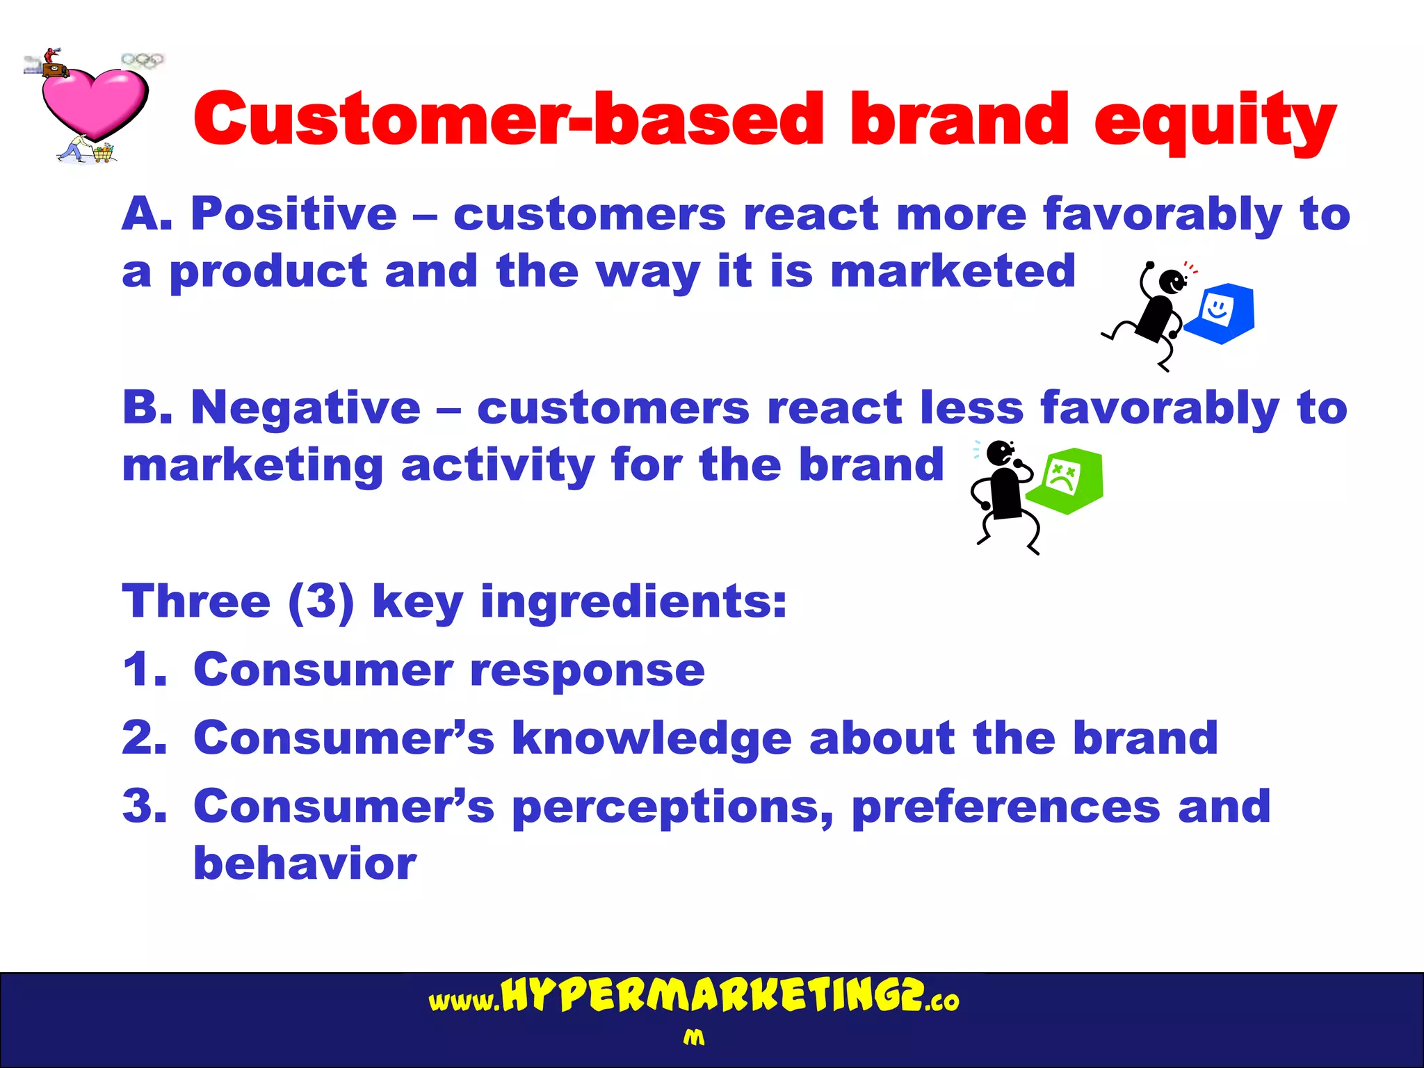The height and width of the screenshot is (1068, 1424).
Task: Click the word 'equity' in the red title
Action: pyautogui.click(x=1214, y=122)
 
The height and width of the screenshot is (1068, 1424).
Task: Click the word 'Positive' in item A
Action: pyautogui.click(x=293, y=214)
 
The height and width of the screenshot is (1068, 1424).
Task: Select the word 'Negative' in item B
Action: pyautogui.click(x=306, y=407)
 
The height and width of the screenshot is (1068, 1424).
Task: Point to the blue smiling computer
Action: pyautogui.click(x=1221, y=313)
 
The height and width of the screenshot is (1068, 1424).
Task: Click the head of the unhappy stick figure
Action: pyautogui.click(x=1000, y=453)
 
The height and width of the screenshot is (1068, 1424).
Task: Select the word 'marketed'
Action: pyautogui.click(x=953, y=271)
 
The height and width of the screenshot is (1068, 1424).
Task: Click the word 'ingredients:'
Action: pyautogui.click(x=633, y=601)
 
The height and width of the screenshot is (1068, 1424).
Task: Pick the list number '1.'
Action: pyautogui.click(x=145, y=670)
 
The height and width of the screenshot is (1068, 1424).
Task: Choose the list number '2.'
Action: pyautogui.click(x=145, y=738)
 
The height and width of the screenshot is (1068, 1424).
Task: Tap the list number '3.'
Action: pyautogui.click(x=145, y=806)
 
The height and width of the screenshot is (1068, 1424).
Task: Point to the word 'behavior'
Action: pyautogui.click(x=305, y=864)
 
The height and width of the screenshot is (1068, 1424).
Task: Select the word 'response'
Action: pyautogui.click(x=588, y=670)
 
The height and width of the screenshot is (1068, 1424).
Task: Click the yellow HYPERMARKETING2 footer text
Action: pyautogui.click(x=713, y=997)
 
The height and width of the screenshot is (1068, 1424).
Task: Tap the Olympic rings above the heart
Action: pyautogui.click(x=143, y=60)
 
